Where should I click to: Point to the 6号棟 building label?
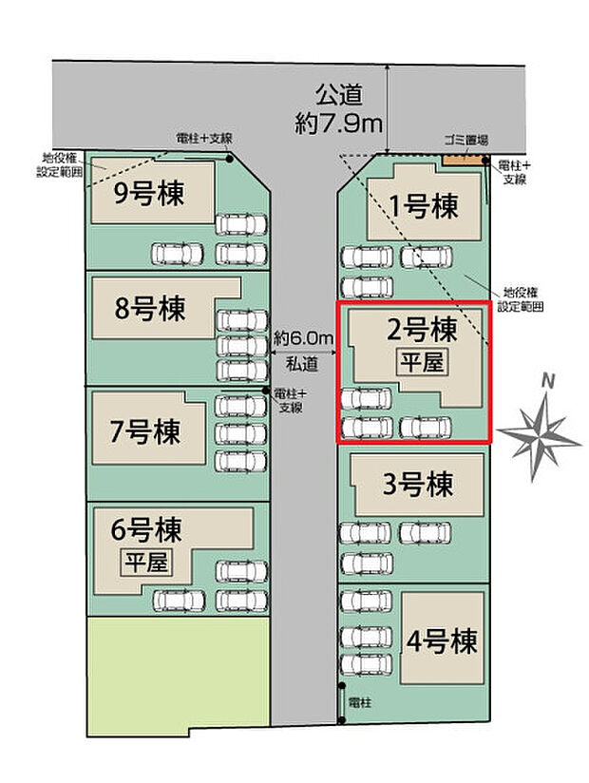[x=146, y=527]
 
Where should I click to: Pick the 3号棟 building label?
[x=417, y=485]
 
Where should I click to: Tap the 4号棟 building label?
[x=442, y=641]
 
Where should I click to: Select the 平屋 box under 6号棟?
[x=145, y=562]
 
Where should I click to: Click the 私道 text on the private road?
[x=301, y=362]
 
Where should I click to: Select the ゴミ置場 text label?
[x=465, y=140]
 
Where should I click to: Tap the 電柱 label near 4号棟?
[x=360, y=702]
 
